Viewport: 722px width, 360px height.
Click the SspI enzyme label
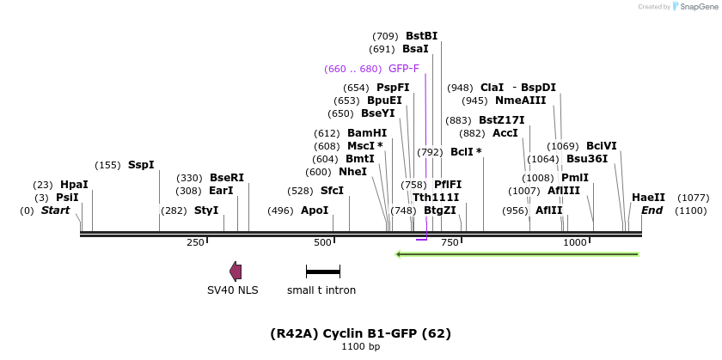141,165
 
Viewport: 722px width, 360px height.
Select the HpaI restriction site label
74,185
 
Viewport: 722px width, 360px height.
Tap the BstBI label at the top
422,36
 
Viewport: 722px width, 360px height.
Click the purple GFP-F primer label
404,69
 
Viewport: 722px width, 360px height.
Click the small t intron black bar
323,272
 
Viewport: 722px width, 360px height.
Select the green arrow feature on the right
516,254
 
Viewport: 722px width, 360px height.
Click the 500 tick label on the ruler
322,243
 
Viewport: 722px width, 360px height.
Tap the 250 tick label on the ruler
195,243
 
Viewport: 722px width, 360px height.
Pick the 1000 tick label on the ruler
574,243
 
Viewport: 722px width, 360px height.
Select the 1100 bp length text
360,347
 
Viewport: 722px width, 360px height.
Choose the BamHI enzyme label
367,133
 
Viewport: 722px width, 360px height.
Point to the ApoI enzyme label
315,211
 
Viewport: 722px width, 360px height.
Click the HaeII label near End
648,198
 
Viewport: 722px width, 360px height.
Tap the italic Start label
55,211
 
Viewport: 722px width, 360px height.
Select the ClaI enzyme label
492,88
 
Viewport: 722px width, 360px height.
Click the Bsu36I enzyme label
587,159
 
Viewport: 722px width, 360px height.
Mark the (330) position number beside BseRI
189,178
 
